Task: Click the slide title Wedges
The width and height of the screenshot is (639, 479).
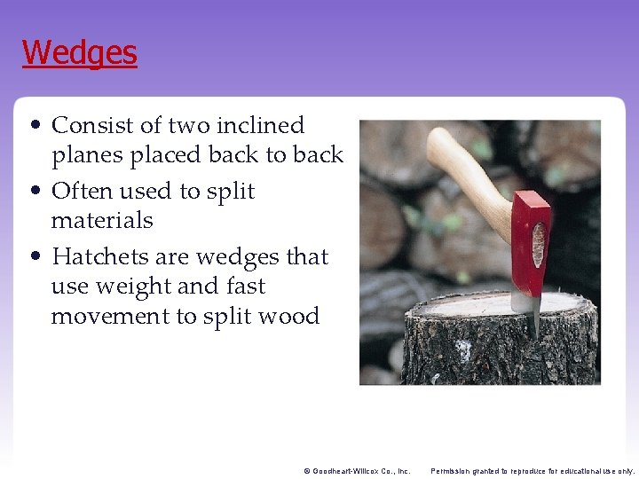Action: [x=80, y=53]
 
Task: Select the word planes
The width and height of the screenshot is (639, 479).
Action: [x=88, y=155]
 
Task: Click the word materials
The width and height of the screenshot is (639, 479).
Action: [x=102, y=220]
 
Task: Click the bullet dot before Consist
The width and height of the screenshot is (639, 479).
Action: [x=32, y=126]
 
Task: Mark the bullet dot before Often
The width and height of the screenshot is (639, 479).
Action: [x=32, y=192]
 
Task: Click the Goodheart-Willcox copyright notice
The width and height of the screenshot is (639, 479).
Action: [x=356, y=470]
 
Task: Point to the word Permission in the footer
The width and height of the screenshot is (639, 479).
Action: [x=454, y=470]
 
